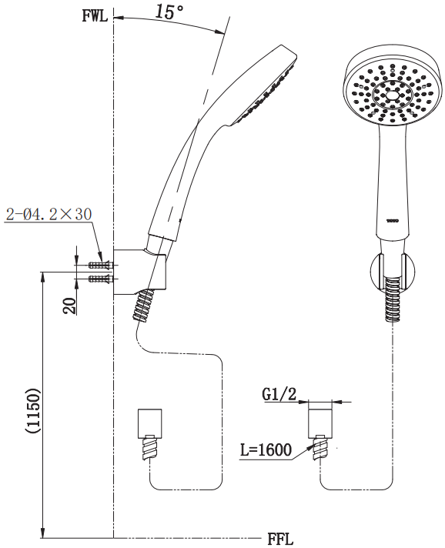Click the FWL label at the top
[95, 16]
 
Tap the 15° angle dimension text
[169, 12]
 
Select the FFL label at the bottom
[280, 539]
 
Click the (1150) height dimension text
[33, 409]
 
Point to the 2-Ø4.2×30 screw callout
[49, 214]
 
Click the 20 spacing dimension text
[70, 306]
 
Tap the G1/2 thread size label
[279, 395]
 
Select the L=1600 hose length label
[266, 449]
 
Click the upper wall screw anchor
[101, 265]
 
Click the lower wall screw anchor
[101, 279]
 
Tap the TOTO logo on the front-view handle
[393, 221]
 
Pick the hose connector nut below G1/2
[320, 423]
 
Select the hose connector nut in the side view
[150, 423]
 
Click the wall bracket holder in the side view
[139, 272]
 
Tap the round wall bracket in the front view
[393, 272]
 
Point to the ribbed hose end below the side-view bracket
[143, 305]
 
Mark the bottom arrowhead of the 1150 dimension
[43, 532]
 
